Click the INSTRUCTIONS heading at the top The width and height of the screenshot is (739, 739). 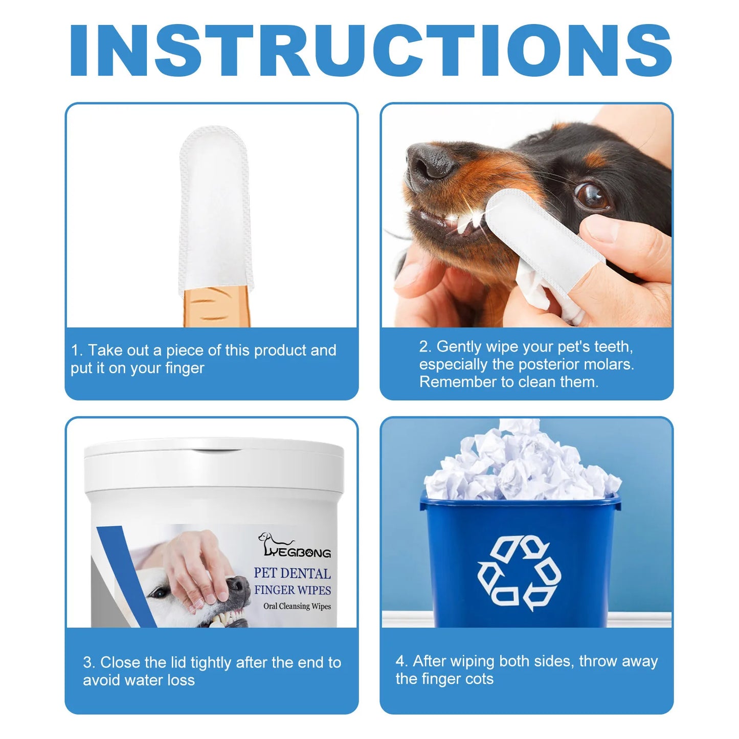[369, 50]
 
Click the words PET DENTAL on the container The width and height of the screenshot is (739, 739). [292, 573]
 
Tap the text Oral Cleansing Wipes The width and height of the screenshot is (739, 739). [297, 606]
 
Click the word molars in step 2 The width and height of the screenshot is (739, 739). [608, 364]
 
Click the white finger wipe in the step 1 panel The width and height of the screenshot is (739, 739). [215, 210]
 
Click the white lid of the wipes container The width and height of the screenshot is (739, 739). [214, 463]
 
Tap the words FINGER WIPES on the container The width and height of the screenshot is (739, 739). [292, 590]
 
